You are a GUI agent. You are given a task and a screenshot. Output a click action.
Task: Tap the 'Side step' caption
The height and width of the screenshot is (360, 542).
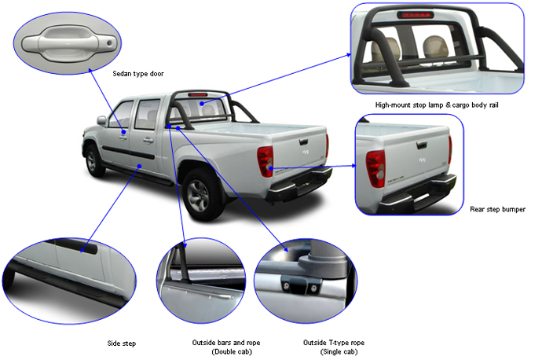tap(122, 343)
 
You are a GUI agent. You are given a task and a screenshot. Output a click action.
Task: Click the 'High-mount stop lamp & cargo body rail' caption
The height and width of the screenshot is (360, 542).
tap(437, 105)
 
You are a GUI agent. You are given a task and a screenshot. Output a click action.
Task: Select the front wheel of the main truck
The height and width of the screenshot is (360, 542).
tap(93, 160)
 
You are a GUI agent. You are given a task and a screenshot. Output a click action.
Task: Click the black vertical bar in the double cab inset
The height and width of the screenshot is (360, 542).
tap(179, 271)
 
